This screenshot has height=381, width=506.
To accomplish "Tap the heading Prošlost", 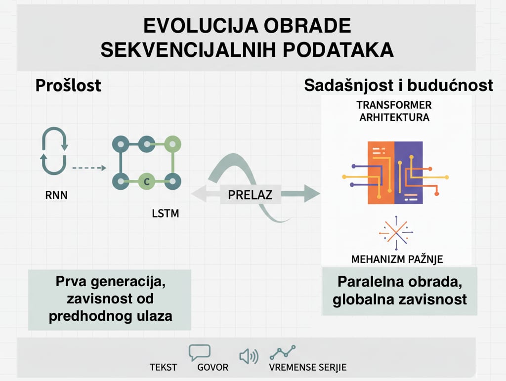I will [x=68, y=85].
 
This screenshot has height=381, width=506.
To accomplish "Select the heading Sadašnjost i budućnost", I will [x=398, y=85].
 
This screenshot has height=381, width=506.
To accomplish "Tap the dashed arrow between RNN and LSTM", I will [x=89, y=168].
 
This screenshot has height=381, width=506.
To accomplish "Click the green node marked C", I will [x=146, y=181].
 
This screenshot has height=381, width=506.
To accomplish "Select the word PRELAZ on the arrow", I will [x=250, y=194].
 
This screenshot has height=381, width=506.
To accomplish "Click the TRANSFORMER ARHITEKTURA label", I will [x=394, y=111].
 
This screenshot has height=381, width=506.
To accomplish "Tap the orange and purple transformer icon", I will [x=394, y=173].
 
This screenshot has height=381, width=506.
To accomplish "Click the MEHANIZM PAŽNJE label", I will [x=397, y=259].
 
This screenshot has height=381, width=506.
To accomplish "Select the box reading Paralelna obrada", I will [x=399, y=291].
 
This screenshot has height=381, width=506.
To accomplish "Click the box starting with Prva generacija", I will [x=110, y=299].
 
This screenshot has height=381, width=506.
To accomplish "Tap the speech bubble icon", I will [x=200, y=352].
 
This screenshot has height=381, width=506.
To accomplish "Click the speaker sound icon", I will [x=248, y=356].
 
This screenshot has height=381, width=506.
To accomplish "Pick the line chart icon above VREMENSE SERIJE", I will [x=283, y=352].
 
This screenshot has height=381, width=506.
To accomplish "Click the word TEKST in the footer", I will [x=164, y=368].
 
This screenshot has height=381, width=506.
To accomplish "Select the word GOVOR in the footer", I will [x=213, y=368].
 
